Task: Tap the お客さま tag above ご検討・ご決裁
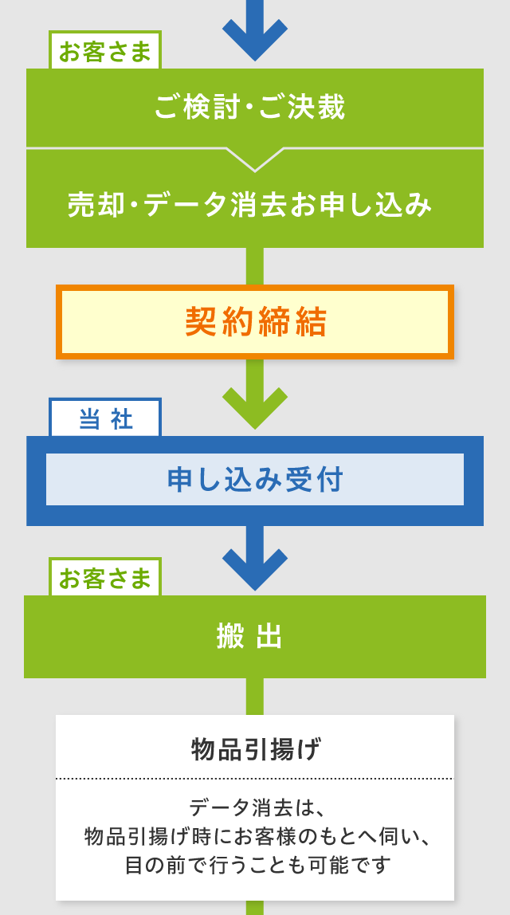[x=105, y=52]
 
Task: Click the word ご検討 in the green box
[x=196, y=108]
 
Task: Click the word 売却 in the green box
[x=96, y=206]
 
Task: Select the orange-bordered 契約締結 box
[x=255, y=322]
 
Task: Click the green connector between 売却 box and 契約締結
[x=255, y=266]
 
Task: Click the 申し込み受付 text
[x=255, y=480]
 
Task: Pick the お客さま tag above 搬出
[x=105, y=578]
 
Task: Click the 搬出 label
[x=250, y=637]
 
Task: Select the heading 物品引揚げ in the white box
[x=255, y=749]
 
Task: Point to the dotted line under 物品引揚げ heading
[x=255, y=779]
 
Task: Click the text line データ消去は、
[x=255, y=807]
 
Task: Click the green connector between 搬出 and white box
[x=255, y=696]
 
